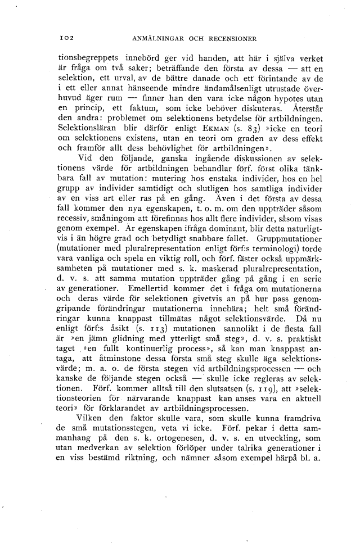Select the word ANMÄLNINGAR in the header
pyautogui.click(x=159, y=39)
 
